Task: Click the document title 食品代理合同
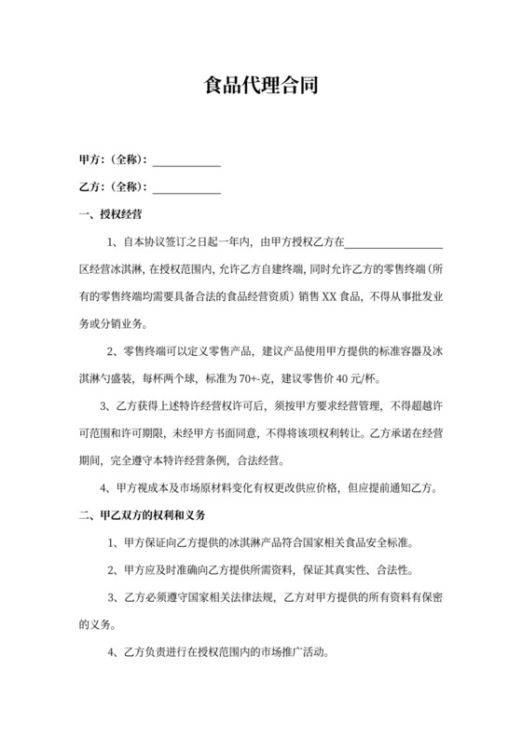pos(261,88)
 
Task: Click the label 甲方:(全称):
pos(114,159)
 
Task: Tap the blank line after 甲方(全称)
pos(186,161)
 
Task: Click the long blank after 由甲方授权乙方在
pos(393,245)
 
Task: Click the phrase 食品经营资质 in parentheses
pos(261,298)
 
